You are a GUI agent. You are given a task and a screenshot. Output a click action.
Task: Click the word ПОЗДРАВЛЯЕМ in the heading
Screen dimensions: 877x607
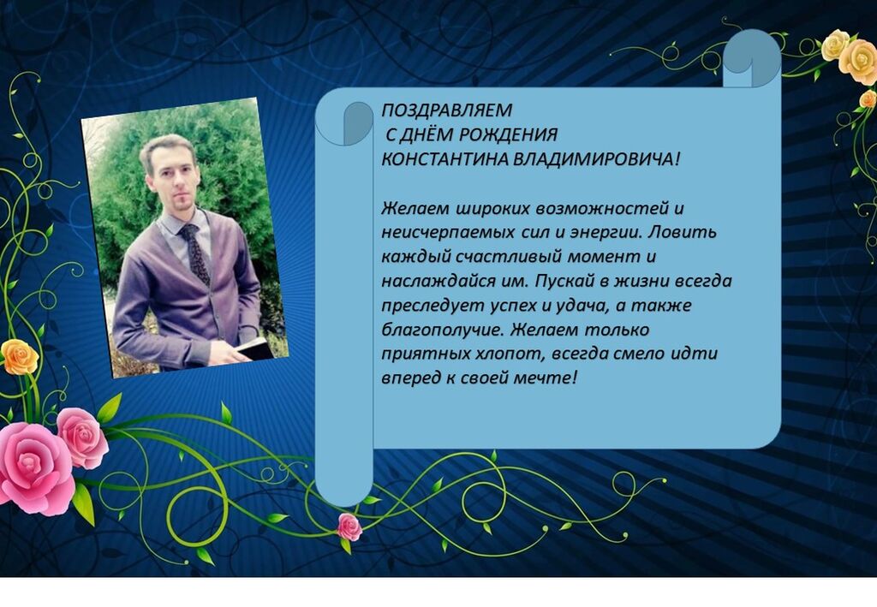coord(446,110)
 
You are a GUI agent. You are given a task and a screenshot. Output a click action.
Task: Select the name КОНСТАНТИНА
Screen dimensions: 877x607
coord(445,159)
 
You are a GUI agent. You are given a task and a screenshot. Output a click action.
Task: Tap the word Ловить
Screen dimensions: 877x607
coord(682,231)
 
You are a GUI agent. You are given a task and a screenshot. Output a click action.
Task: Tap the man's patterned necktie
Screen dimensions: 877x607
coord(194,253)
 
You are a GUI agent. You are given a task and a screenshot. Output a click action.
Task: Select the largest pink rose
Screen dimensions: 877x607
coord(34,467)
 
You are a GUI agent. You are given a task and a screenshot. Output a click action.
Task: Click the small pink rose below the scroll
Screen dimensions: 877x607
coord(349,527)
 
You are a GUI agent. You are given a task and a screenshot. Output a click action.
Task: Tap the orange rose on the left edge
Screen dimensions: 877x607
coord(19,357)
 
